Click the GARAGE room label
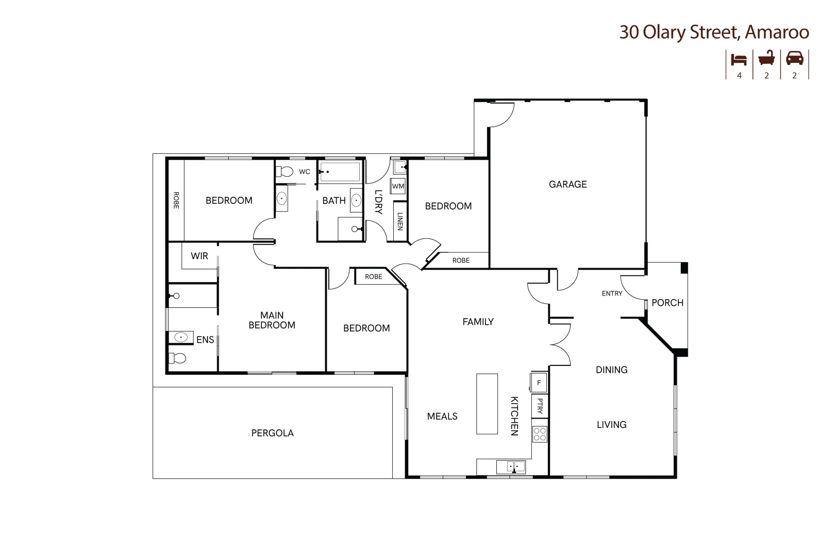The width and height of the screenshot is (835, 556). [567, 184]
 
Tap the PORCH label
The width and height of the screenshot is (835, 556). [667, 303]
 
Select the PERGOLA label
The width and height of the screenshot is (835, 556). [272, 433]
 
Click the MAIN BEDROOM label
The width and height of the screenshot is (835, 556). [272, 320]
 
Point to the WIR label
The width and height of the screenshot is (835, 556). [199, 256]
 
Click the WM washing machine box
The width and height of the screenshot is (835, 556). [398, 186]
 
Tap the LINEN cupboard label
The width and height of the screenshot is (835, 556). [399, 221]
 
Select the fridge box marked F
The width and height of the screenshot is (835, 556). [539, 383]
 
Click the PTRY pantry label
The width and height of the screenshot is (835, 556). [540, 406]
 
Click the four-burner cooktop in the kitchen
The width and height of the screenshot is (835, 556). [540, 434]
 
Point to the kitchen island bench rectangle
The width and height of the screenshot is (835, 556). [487, 404]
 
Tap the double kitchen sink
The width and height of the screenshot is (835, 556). [511, 467]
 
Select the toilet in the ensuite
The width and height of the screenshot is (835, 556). [177, 357]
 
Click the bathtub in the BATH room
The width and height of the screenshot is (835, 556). [340, 172]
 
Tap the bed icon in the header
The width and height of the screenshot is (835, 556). [739, 59]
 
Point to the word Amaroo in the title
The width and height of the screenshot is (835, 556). [777, 32]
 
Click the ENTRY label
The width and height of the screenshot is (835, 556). [612, 293]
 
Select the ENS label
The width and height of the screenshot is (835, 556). [205, 340]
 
